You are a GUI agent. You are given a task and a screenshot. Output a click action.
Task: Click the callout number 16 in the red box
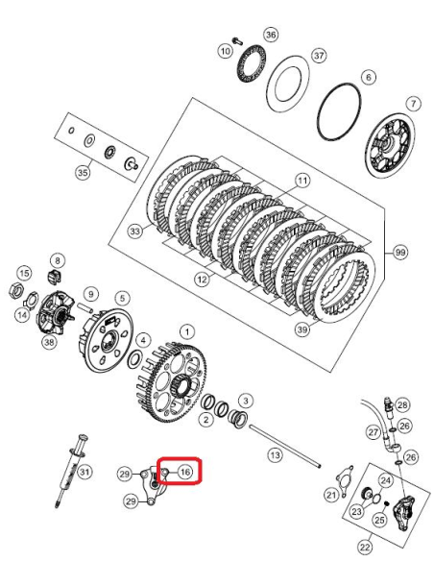(x=184, y=473)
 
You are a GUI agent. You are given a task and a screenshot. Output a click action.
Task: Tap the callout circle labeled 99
(x=400, y=253)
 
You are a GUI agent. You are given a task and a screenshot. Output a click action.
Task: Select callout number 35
(x=83, y=173)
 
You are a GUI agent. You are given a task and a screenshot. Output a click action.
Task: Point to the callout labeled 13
(x=275, y=455)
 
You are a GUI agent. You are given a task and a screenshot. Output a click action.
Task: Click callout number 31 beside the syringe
(x=84, y=472)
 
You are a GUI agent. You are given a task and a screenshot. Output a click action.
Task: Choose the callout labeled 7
(x=413, y=104)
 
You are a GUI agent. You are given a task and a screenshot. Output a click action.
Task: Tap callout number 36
(x=271, y=35)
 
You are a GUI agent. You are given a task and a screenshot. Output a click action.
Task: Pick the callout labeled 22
(x=365, y=547)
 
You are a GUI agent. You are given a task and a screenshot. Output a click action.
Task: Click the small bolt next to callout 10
(x=237, y=40)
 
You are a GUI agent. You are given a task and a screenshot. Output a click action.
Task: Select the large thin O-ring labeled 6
(x=339, y=111)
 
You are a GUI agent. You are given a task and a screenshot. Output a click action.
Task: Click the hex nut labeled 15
(x=15, y=290)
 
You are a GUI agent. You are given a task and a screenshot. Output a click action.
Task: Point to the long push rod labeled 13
(x=284, y=446)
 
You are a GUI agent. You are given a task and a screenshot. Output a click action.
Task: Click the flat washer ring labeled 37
(x=288, y=84)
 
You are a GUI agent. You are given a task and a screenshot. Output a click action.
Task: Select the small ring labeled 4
(x=135, y=359)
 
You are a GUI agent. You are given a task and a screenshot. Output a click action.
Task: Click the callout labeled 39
(x=302, y=329)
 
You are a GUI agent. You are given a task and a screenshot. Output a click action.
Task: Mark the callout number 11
(x=302, y=181)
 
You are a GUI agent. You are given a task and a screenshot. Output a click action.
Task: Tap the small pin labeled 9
(x=86, y=307)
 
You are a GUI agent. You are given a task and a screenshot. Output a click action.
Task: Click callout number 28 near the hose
(x=402, y=405)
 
